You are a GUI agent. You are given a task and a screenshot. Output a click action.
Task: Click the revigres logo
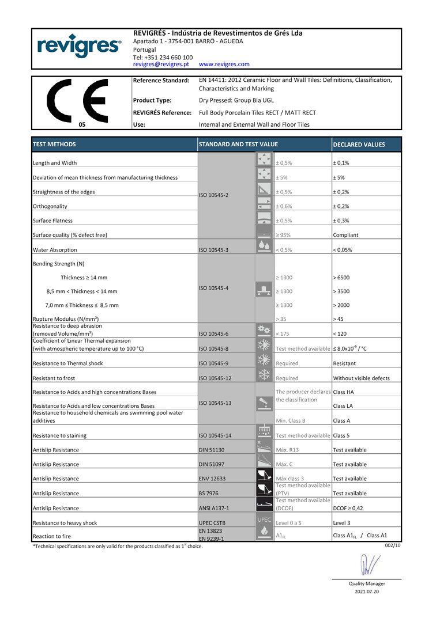[78, 46]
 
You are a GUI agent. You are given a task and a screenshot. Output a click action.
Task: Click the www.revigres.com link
[224, 65]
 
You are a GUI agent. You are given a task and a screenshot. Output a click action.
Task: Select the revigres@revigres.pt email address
[161, 65]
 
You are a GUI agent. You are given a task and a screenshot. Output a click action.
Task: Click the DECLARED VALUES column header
[359, 145]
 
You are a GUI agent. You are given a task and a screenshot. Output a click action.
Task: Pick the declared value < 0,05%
[343, 250]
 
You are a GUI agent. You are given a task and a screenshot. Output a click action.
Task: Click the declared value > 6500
[341, 278]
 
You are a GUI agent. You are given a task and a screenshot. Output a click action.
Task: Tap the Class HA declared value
[344, 392]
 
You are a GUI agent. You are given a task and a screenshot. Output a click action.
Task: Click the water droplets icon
[264, 246]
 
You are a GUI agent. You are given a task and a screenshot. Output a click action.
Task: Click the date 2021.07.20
[367, 591]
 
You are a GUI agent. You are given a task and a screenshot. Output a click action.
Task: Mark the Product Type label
[152, 100]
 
